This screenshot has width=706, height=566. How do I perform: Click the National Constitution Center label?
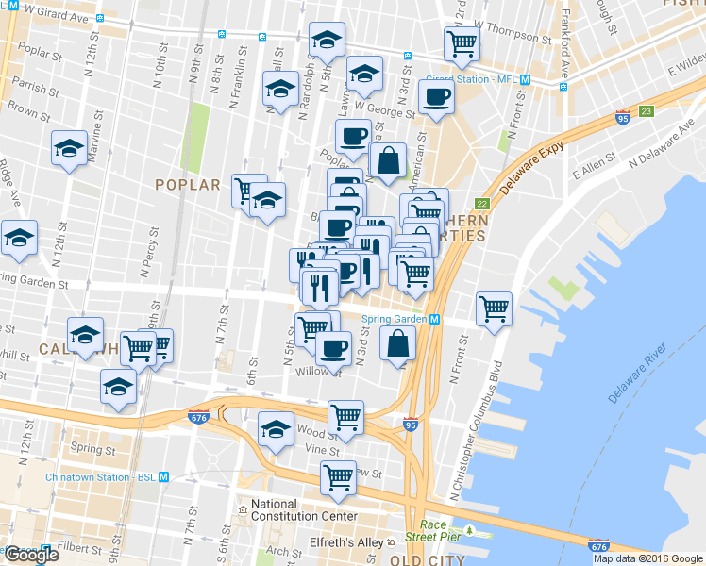tap(304, 509)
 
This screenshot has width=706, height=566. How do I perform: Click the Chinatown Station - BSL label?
tap(100, 477)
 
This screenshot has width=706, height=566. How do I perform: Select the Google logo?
tap(31, 555)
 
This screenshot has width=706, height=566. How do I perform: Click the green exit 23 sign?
tap(646, 111)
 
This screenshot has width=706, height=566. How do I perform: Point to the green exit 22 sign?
tap(482, 205)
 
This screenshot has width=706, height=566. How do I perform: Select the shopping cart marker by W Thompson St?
tap(462, 42)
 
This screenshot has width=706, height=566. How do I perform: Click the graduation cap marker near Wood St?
tap(275, 429)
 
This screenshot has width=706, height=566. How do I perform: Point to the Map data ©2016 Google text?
tap(648, 558)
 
